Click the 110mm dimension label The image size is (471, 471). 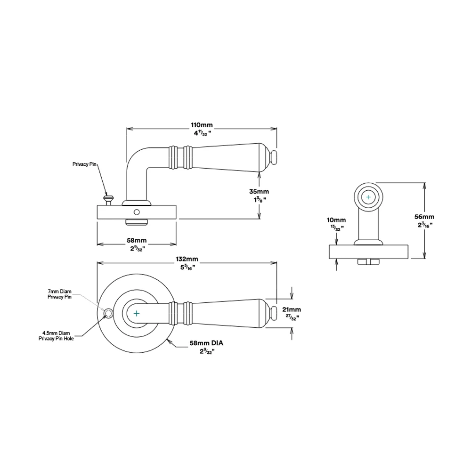202,125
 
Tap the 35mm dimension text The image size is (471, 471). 259,192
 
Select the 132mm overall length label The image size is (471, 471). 187,259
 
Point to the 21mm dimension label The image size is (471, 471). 292,309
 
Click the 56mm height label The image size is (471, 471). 424,217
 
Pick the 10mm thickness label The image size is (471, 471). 336,220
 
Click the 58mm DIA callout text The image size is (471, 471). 206,343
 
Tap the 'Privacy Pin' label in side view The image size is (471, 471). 84,164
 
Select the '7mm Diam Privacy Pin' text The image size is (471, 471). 59,294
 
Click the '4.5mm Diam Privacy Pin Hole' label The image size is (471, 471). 56,336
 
